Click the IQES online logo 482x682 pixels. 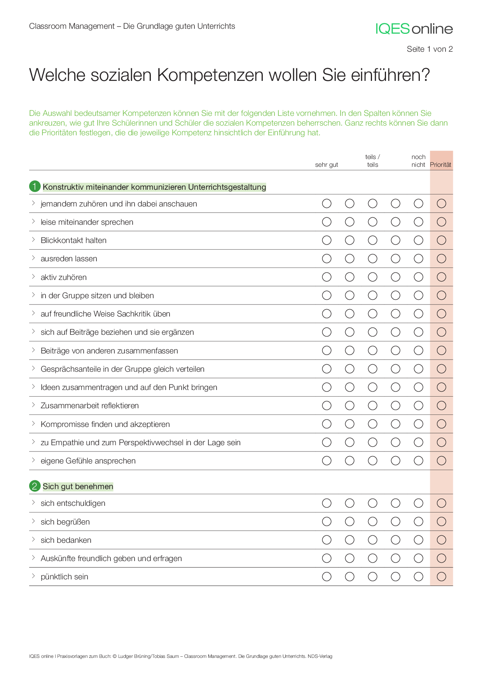point(414,29)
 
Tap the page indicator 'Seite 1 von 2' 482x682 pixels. point(430,49)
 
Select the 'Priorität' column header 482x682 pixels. point(440,165)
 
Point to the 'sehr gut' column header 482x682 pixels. point(327,165)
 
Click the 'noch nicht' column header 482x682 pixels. point(418,161)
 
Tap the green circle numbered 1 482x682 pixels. point(35,187)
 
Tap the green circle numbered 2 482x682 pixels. point(35,486)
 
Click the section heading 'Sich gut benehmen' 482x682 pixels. point(78,486)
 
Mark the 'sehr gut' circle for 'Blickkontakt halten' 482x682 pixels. point(327,240)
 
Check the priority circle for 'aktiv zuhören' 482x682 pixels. point(441,277)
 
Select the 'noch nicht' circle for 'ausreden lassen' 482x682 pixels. point(418,259)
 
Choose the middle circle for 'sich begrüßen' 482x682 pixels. point(372,522)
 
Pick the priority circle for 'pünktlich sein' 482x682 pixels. point(441,577)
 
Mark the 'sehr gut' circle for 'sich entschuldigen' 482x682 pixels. point(327,503)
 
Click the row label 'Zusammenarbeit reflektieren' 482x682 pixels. point(89,406)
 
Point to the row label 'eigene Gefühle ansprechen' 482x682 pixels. point(88,461)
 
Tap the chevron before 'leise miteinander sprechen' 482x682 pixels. point(33,222)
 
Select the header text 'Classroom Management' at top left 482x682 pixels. point(72,26)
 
